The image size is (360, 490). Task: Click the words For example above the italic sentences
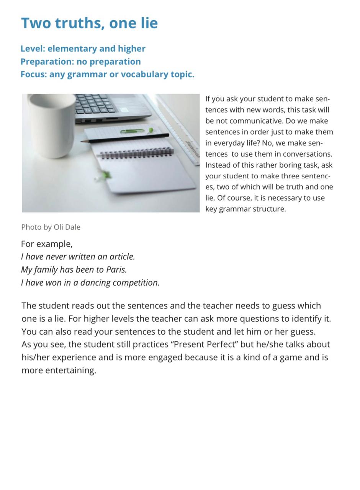(46, 244)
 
